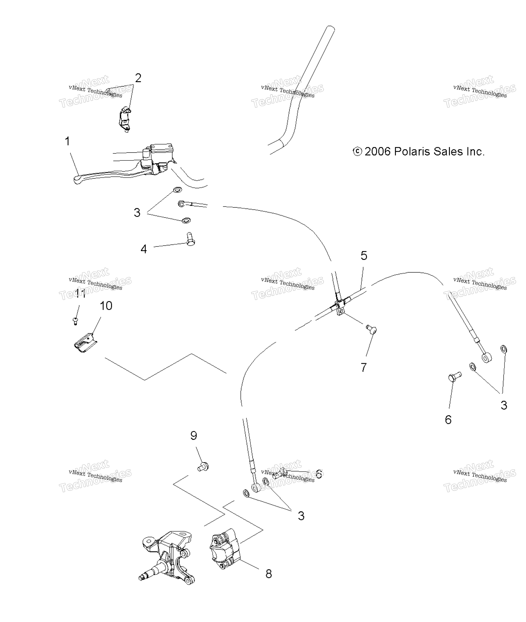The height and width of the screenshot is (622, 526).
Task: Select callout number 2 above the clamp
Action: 138,78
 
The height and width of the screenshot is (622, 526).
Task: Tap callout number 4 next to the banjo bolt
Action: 144,249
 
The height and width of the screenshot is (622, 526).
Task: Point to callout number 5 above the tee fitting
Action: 364,256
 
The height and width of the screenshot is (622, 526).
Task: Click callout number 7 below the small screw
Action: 363,367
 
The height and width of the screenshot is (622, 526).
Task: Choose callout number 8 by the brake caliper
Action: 269,574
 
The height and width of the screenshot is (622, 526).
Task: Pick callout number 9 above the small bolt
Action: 194,436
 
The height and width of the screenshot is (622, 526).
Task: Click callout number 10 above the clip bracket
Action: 106,306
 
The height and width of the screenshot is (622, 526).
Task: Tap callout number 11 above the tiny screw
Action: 80,294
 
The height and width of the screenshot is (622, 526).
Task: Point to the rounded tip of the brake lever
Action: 77,180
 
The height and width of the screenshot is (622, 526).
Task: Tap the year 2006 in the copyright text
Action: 378,152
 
